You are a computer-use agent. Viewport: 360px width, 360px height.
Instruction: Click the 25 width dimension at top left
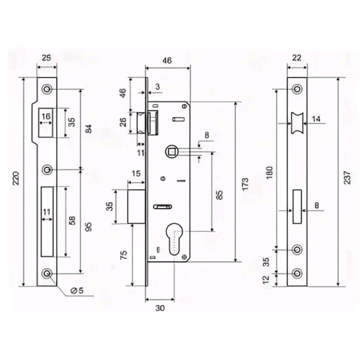click(x=46, y=58)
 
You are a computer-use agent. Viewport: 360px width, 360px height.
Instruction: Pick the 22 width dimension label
click(x=297, y=58)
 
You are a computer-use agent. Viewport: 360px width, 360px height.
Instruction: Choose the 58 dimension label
click(x=72, y=221)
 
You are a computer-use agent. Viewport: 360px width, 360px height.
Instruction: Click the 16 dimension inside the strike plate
click(x=46, y=117)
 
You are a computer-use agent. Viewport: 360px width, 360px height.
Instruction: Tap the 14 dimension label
click(x=316, y=119)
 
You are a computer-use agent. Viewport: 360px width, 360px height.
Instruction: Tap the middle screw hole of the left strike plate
click(x=47, y=169)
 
